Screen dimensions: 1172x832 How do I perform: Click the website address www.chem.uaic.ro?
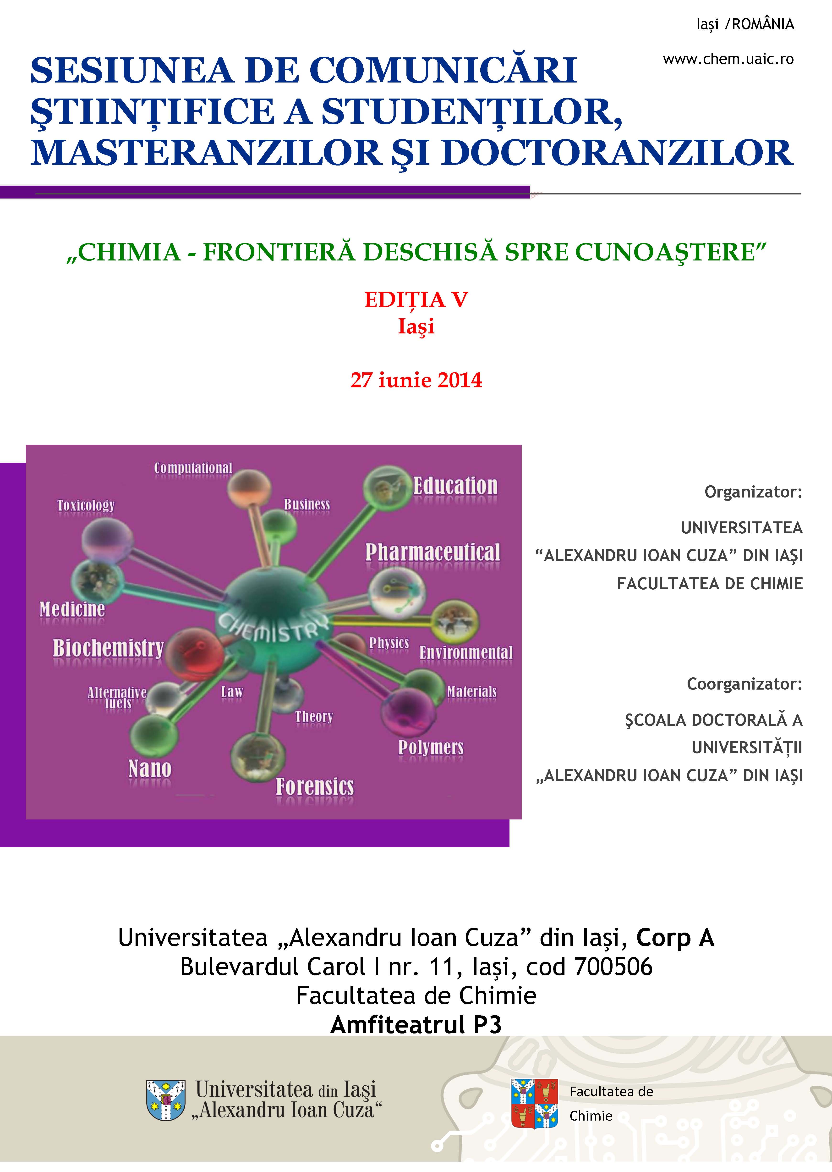coord(728,60)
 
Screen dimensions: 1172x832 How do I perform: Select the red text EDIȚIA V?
coord(416,300)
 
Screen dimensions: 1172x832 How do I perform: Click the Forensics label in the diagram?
coord(315,787)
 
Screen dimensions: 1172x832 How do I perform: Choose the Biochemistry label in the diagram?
coord(108,648)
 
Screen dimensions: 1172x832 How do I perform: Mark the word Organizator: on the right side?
coord(753,492)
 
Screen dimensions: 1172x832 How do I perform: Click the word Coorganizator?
coord(744,684)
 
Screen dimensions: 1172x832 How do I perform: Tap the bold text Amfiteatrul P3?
coord(416,1025)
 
